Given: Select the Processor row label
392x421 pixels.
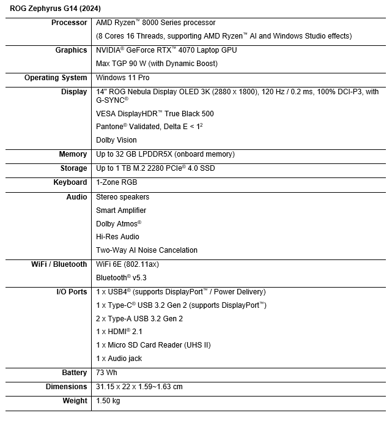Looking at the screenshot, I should (x=70, y=23).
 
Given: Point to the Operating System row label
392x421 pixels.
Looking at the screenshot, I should (x=56, y=78).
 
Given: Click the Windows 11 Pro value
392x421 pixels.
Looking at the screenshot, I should (x=122, y=78).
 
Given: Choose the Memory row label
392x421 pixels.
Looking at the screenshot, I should (x=73, y=154).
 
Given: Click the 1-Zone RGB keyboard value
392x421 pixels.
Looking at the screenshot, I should (x=116, y=182).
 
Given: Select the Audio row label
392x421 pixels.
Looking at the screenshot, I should (x=76, y=197).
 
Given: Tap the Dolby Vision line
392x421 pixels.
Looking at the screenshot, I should (x=117, y=140).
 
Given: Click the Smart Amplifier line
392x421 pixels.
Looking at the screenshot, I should (x=121, y=210).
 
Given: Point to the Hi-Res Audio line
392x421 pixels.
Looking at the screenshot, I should (x=117, y=237).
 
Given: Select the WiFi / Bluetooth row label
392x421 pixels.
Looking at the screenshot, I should (x=59, y=264).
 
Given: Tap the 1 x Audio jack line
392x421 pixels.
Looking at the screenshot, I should (x=119, y=358).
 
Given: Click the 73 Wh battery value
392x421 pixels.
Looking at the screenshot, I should (x=106, y=373).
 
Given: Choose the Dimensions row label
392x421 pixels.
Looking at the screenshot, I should (x=66, y=387).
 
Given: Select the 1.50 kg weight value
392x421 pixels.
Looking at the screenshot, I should (x=108, y=401).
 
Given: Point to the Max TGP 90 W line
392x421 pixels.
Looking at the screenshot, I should (x=157, y=64).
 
